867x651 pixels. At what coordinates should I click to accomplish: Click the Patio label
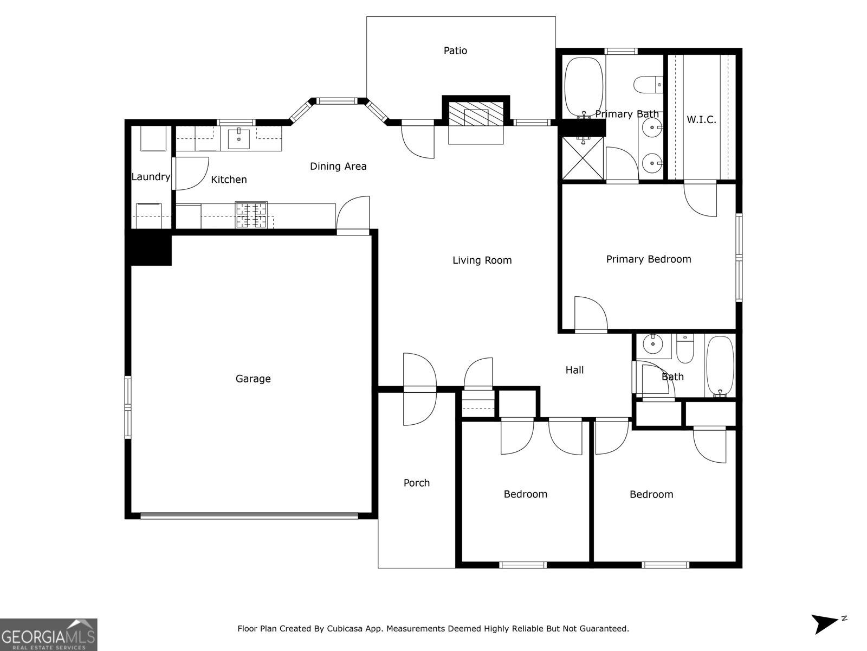click(x=455, y=51)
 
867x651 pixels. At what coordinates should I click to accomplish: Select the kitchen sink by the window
click(x=239, y=139)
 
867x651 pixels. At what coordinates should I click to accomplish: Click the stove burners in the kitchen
click(x=251, y=214)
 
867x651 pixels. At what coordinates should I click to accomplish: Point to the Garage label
click(x=253, y=379)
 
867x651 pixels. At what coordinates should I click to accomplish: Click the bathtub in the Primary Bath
click(x=584, y=87)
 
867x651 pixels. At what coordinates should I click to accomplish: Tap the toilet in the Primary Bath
click(x=648, y=85)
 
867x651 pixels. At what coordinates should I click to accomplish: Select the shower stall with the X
click(x=583, y=157)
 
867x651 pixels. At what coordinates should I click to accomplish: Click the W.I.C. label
click(x=701, y=120)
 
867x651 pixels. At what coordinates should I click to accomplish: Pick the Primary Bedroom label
click(x=648, y=259)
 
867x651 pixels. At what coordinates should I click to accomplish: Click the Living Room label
click(x=482, y=260)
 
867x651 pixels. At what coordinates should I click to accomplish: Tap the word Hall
click(x=574, y=370)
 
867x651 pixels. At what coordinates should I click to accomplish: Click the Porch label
click(x=416, y=483)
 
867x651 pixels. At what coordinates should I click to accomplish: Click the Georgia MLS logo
click(x=49, y=634)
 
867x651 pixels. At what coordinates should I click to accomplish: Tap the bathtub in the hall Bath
click(x=720, y=366)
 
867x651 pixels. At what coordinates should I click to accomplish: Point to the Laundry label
click(x=151, y=177)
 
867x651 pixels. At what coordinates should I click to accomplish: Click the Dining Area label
click(x=338, y=167)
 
